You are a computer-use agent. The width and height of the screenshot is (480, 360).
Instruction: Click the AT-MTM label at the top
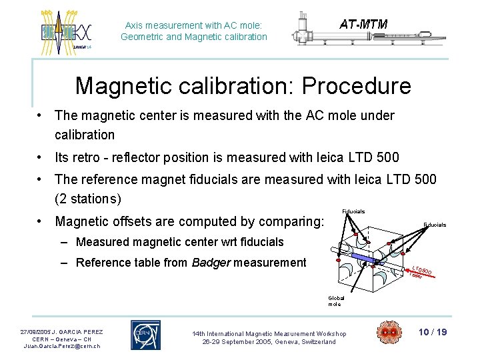point(363,25)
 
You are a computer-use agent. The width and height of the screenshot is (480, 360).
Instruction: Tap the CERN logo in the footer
point(145,335)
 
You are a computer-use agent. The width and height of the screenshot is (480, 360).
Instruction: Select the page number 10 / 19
point(432,332)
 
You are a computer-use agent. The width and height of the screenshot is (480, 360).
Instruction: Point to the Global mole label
point(335,301)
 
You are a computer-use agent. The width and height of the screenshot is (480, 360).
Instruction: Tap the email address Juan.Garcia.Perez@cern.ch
point(61,346)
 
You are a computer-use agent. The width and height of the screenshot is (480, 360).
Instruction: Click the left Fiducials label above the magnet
point(353,211)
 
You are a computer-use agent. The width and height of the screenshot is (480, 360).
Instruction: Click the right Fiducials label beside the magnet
point(435,225)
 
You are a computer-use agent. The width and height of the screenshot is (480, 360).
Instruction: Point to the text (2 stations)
point(88,199)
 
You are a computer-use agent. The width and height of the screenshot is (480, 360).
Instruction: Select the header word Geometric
point(142,37)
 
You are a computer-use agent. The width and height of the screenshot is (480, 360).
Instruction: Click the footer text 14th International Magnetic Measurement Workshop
point(269,333)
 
